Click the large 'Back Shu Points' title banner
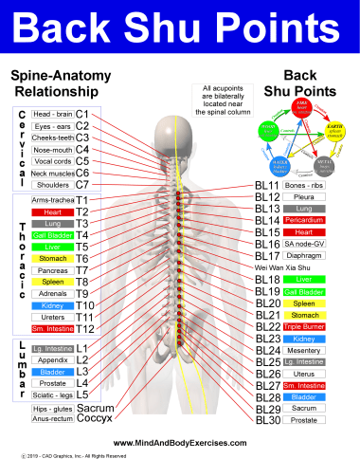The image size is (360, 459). point(180,28)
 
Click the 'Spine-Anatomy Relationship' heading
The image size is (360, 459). point(55,83)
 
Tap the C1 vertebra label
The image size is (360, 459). point(82,114)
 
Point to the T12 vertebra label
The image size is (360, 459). point(84,328)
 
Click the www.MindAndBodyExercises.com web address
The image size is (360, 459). point(180,442)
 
